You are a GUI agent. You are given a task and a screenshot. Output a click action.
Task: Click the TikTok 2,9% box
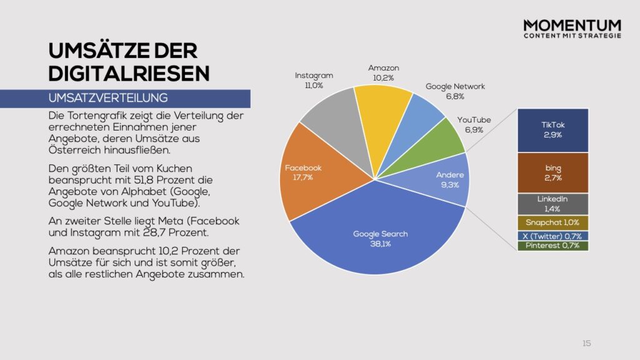(x=553, y=130)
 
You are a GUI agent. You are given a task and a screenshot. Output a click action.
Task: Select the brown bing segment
(x=553, y=172)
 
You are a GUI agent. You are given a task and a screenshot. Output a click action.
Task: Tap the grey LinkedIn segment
(x=553, y=203)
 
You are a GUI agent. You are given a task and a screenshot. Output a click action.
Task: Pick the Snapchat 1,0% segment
(x=553, y=222)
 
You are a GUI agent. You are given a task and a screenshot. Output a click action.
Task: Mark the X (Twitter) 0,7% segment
(x=553, y=236)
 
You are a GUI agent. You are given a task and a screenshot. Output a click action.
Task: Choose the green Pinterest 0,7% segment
(x=553, y=246)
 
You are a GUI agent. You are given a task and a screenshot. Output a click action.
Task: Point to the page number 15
(x=586, y=343)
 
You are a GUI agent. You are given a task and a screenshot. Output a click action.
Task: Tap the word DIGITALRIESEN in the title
(x=129, y=73)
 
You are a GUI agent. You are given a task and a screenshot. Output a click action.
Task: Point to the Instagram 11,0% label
(x=314, y=80)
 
